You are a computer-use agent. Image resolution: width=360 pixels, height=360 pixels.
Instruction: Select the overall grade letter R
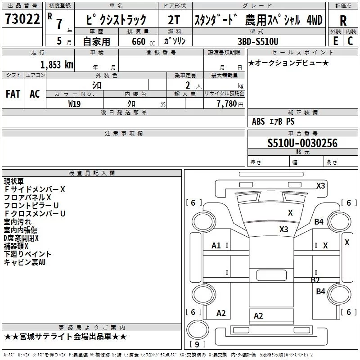343,21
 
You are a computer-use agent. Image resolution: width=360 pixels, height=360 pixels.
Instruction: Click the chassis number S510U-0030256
302,143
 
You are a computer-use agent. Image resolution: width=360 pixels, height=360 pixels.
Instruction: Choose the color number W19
75,103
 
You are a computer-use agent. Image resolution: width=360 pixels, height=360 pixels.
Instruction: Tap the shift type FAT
13,94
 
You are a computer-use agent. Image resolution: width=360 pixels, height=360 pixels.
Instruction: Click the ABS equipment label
258,121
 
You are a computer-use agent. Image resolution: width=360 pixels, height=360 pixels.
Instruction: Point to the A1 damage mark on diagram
216,245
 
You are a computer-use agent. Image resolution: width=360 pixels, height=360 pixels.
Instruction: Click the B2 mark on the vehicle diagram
315,280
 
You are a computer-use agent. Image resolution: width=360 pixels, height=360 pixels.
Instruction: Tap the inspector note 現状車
14,181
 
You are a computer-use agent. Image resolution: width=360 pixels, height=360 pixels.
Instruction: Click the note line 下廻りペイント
27,254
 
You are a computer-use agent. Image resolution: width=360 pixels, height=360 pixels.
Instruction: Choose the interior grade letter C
350,40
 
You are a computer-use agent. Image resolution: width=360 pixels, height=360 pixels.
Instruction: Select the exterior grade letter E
336,40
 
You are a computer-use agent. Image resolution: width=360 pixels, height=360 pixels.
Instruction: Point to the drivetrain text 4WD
314,20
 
